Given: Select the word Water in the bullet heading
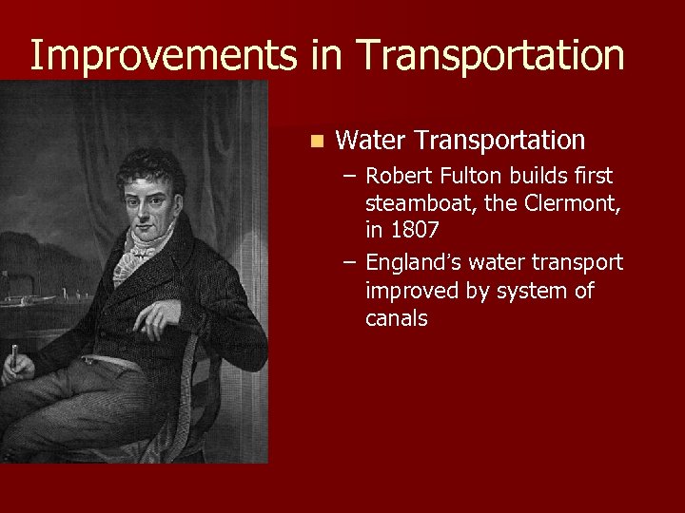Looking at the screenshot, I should (372, 141).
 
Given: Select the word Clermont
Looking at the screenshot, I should (572, 204).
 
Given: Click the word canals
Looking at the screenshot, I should (396, 318).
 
